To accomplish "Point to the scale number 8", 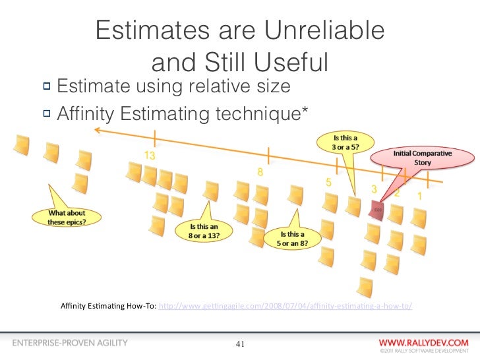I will pyautogui.click(x=261, y=173).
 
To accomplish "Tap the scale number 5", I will pyautogui.click(x=327, y=181).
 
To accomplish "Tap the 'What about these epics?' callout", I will pyautogui.click(x=67, y=217).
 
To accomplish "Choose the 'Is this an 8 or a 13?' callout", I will pyautogui.click(x=205, y=231).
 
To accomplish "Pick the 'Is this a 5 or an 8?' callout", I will pyautogui.click(x=293, y=238).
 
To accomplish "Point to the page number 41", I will pyautogui.click(x=240, y=344).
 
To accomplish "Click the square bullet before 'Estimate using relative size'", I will pyautogui.click(x=47, y=86).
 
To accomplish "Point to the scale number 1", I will pyautogui.click(x=419, y=196).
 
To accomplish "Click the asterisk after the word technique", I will pyautogui.click(x=303, y=109).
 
